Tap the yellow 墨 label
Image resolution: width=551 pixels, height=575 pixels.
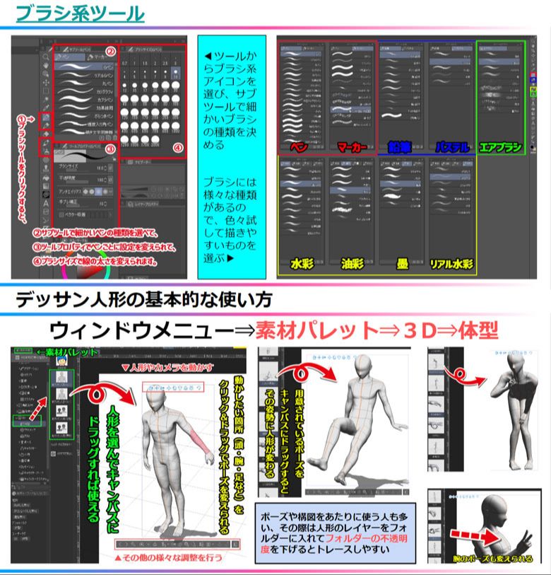pyautogui.click(x=401, y=265)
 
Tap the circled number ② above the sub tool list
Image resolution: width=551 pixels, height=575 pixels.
pyautogui.click(x=110, y=52)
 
